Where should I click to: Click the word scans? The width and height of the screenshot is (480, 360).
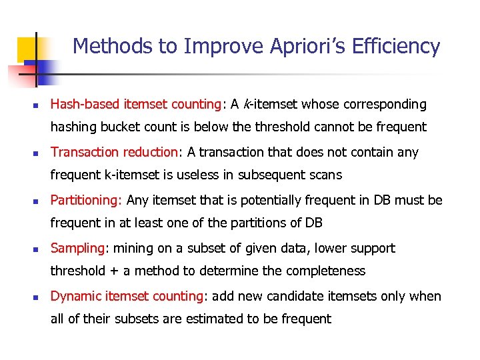325,175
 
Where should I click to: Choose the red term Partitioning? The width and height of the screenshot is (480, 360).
85,200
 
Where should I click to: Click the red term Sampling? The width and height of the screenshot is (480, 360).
77,248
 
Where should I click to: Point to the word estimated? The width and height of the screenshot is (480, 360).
209,319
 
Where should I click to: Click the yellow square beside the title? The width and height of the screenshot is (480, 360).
27,49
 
